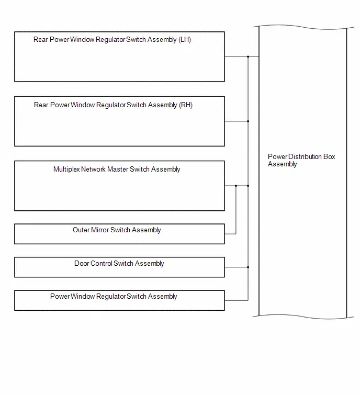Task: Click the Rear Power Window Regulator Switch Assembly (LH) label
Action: click(112, 40)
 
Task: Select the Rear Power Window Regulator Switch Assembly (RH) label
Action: click(113, 105)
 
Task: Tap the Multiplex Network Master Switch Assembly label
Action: click(117, 170)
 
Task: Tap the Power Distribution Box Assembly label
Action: click(301, 160)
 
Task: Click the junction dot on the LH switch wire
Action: click(248, 57)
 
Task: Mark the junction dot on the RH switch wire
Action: click(248, 121)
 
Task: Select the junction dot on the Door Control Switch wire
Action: click(248, 267)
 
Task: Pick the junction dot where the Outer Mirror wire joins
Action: click(236, 186)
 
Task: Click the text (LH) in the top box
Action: click(185, 40)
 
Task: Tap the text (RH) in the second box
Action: click(186, 105)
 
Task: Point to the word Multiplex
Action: click(66, 170)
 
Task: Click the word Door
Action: click(82, 263)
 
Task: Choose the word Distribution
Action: click(305, 156)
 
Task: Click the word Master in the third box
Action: click(118, 170)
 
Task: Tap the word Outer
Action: click(81, 230)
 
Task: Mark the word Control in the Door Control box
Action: click(102, 263)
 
